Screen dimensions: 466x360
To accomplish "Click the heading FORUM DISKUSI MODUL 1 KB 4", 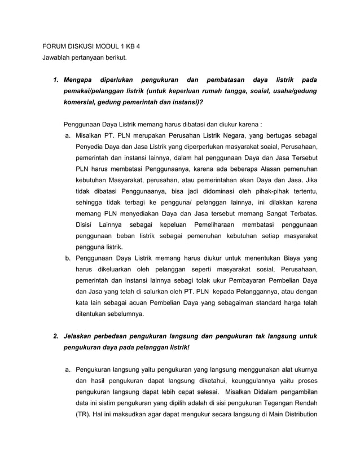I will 91,46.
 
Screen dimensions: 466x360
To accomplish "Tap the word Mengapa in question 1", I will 79,80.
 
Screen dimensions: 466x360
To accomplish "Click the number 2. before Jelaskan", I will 56,336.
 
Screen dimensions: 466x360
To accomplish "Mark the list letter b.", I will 67,258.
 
